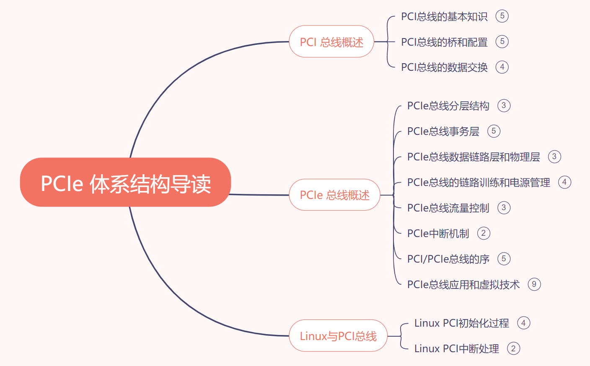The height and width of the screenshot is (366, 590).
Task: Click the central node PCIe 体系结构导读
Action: [x=125, y=183]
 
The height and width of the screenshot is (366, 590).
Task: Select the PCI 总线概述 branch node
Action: [x=331, y=42]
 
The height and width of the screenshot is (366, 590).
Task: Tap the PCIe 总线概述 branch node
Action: [x=334, y=195]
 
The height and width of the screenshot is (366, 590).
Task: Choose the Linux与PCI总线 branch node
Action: [x=338, y=336]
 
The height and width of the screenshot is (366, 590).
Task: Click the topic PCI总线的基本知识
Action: [x=444, y=16]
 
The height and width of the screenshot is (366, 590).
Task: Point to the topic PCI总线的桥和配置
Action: [x=444, y=42]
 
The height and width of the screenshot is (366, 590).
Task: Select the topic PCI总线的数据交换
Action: [x=444, y=67]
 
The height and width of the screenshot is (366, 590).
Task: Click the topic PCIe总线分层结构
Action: [x=448, y=106]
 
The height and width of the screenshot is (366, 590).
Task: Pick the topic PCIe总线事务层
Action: [x=443, y=131]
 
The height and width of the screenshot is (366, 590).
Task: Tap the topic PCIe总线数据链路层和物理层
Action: [x=474, y=157]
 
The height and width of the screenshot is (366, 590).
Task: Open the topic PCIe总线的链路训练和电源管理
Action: [x=479, y=183]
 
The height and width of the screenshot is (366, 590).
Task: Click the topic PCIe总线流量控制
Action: [x=448, y=208]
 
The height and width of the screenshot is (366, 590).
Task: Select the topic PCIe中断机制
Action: [x=438, y=234]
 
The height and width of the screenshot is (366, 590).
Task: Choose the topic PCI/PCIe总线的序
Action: [x=448, y=259]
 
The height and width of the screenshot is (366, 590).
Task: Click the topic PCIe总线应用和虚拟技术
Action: [x=463, y=285]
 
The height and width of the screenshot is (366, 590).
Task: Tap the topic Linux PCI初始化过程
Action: [x=461, y=323]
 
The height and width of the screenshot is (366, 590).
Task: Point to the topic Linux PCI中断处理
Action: [x=456, y=349]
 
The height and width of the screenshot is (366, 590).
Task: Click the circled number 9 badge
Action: [x=534, y=284]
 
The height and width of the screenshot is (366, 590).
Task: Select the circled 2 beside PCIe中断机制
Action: [x=484, y=233]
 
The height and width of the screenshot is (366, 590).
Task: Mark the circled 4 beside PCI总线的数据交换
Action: [x=502, y=67]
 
